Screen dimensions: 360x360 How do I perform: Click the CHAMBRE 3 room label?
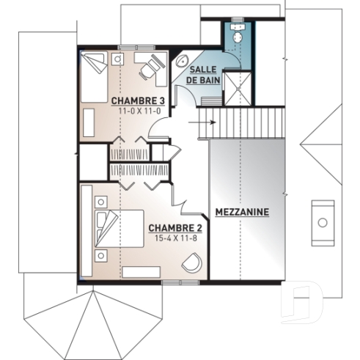click(137, 100)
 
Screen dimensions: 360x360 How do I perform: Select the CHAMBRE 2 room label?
click(175, 228)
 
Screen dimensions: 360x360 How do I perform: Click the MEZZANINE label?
click(242, 213)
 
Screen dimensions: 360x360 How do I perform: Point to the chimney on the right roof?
click(322, 221)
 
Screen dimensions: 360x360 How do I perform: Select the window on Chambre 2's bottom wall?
click(174, 282)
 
